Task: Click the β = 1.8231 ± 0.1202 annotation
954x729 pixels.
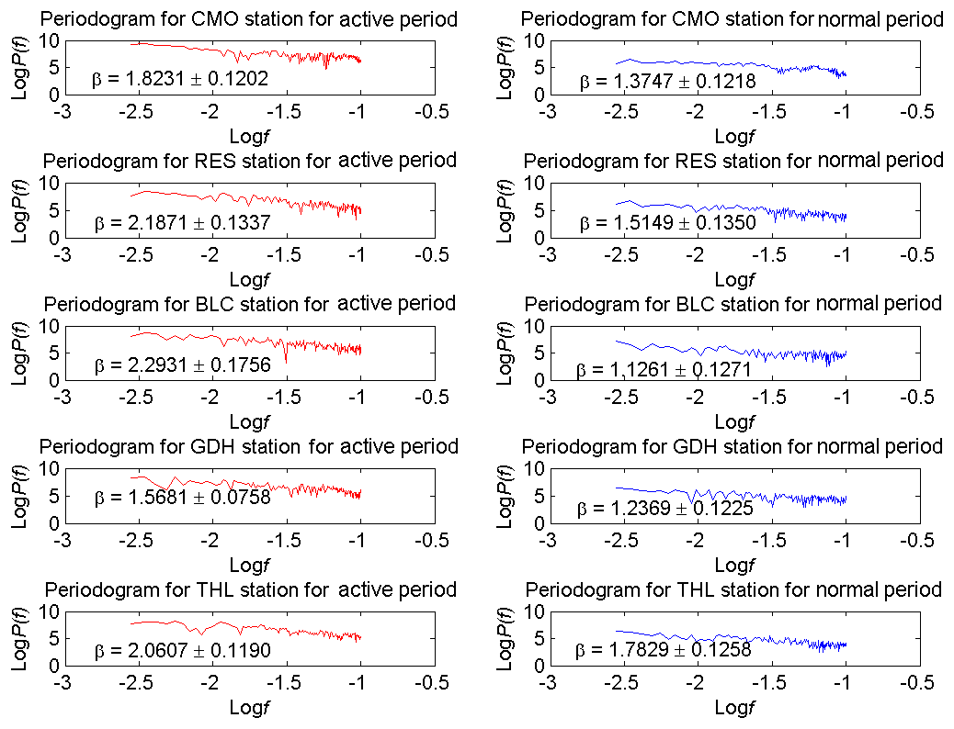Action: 180,80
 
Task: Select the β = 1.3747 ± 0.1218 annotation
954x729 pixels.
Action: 667,81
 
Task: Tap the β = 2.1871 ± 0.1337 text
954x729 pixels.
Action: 182,223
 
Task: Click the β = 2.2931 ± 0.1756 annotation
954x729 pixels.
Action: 182,365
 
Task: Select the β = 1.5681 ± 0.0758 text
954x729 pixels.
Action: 182,499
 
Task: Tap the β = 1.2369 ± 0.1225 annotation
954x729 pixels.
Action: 664,508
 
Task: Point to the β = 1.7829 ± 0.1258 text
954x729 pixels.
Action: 664,650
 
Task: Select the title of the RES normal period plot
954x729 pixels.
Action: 733,162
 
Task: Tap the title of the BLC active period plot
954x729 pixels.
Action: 249,304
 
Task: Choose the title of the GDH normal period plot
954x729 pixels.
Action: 733,447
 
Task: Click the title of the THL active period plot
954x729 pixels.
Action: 250,589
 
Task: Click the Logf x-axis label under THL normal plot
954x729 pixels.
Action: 733,707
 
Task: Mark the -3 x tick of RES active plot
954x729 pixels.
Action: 62,256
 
